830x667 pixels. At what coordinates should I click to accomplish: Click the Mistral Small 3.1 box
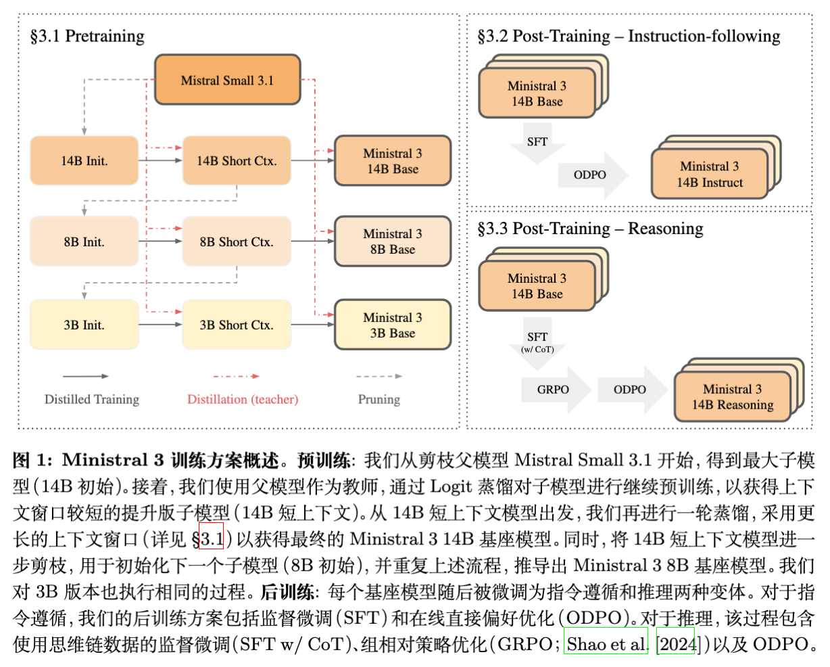tap(227, 80)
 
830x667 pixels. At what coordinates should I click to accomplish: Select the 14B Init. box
tap(84, 161)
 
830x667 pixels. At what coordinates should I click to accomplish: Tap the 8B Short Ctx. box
tap(237, 241)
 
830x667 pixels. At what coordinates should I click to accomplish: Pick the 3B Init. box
tap(84, 325)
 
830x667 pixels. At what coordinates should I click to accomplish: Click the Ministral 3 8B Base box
tap(393, 241)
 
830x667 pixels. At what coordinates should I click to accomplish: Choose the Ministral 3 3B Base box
tap(393, 325)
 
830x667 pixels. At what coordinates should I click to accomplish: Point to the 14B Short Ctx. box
tap(237, 161)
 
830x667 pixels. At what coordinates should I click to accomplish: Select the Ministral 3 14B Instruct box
tap(710, 175)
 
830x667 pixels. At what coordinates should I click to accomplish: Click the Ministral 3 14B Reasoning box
tap(732, 397)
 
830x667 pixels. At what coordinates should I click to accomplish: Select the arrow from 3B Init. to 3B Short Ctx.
tap(160, 325)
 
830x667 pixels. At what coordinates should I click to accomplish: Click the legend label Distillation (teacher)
tap(243, 399)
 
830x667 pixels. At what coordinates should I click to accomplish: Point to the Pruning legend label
tap(379, 399)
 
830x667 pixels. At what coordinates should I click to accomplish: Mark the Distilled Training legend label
tap(92, 399)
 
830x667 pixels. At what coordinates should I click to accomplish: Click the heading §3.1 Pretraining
tap(87, 36)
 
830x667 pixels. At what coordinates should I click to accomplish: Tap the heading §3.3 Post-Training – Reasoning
tap(590, 229)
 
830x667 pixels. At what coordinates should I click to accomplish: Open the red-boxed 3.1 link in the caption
tap(212, 539)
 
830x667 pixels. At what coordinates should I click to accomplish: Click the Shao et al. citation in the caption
tap(606, 644)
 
